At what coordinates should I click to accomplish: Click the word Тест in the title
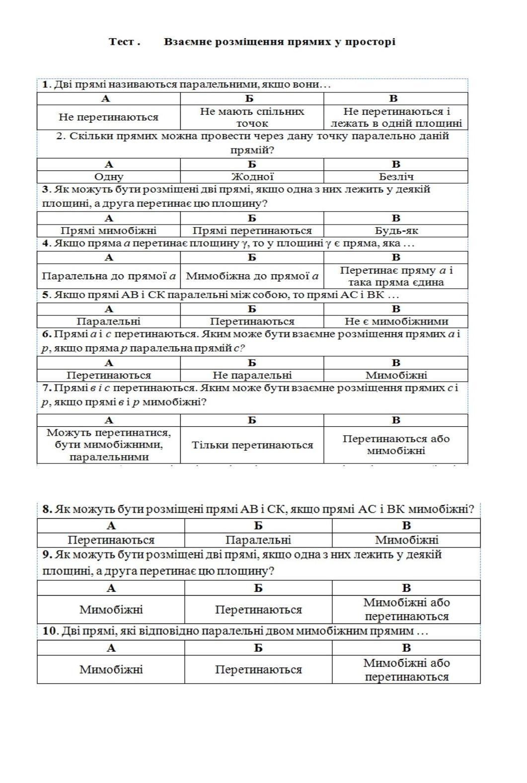click(121, 42)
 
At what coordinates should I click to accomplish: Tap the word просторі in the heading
click(370, 42)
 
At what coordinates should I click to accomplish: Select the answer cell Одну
click(108, 176)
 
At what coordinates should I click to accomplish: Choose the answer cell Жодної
click(252, 176)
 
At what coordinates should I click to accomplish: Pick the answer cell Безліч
click(395, 176)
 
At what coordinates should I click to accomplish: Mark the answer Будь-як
click(395, 231)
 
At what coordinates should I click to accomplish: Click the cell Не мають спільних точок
click(252, 117)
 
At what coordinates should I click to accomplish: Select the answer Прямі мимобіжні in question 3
click(108, 231)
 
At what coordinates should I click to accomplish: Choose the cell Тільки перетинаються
click(252, 445)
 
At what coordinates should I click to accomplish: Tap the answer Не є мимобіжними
click(395, 321)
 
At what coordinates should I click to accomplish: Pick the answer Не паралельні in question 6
click(252, 375)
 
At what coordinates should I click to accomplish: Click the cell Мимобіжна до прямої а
click(252, 276)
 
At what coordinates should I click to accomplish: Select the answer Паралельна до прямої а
click(108, 276)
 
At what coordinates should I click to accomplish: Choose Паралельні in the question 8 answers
click(258, 540)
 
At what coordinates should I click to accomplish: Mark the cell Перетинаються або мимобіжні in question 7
click(395, 445)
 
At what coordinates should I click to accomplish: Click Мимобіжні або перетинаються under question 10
click(406, 670)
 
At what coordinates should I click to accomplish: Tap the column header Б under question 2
click(252, 164)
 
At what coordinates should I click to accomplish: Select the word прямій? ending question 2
click(252, 150)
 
